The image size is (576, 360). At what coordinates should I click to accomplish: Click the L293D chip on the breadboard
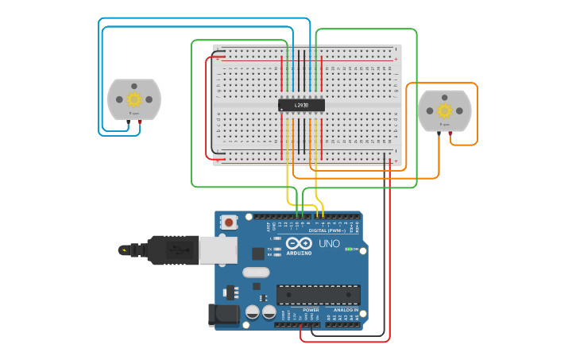[x=301, y=105]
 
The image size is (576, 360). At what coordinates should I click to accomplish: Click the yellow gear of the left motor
[x=134, y=99]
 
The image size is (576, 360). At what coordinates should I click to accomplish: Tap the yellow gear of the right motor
[x=444, y=110]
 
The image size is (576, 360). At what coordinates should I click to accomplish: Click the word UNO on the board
[x=329, y=244]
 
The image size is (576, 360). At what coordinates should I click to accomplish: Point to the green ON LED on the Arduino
[x=347, y=249]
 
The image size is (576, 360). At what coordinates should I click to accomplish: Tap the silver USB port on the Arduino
[x=218, y=250]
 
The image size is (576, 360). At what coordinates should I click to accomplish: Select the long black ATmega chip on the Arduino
[x=318, y=294]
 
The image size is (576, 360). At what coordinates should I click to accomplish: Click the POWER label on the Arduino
[x=300, y=310]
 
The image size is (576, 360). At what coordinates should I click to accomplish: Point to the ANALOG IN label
[x=340, y=310]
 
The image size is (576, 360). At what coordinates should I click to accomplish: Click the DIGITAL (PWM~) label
[x=327, y=230]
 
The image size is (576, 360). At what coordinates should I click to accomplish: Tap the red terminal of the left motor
[x=140, y=122]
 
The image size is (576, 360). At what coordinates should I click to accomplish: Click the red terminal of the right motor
[x=450, y=133]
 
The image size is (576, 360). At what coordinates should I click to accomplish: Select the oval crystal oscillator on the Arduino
[x=256, y=273]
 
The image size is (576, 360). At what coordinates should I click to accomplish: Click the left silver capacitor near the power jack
[x=253, y=312]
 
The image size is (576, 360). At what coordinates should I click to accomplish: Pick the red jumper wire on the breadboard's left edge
[x=208, y=107]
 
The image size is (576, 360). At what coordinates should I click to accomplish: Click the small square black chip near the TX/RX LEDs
[x=258, y=254]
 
